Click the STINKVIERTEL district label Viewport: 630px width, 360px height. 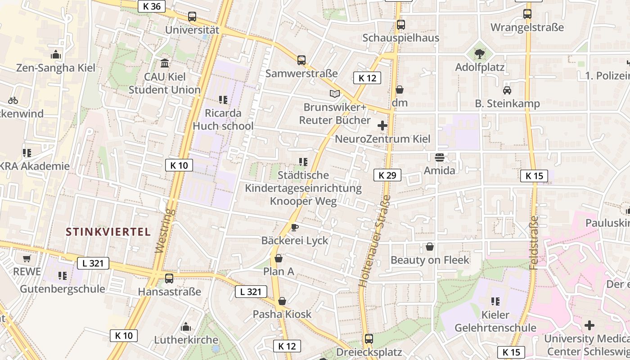108,232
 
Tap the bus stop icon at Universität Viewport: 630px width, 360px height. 192,17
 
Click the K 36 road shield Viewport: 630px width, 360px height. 152,6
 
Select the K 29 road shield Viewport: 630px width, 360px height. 387,175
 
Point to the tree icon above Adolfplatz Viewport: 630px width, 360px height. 480,54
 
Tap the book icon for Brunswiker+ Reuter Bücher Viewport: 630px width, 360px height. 334,94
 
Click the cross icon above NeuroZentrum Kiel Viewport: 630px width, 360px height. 382,126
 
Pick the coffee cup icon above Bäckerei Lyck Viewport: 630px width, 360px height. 295,227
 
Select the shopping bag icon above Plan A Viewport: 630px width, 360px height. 279,258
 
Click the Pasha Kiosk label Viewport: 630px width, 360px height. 282,314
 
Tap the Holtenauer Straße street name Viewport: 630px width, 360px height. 374,241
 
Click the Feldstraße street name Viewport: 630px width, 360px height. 534,243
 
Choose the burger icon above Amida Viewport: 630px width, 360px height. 440,157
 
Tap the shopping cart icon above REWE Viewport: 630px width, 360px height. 27,258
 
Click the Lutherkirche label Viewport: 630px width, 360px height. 186,340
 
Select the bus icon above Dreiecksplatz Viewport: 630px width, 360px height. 369,338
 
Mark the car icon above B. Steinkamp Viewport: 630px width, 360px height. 507,90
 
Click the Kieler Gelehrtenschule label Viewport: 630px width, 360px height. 495,321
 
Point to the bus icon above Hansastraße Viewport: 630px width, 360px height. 169,279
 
